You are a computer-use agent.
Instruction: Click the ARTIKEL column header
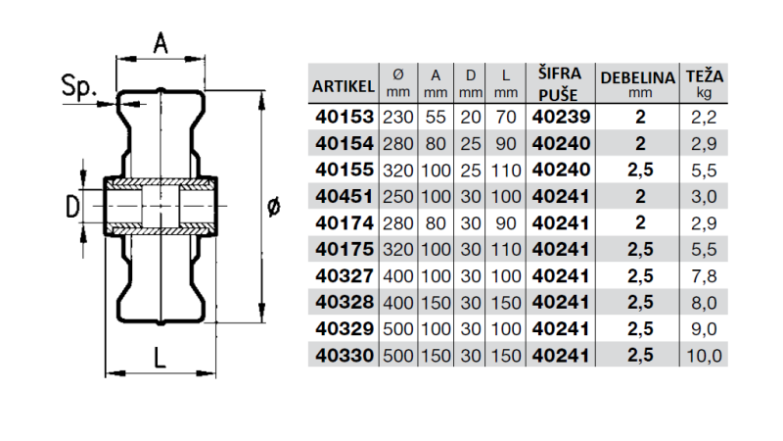(344, 86)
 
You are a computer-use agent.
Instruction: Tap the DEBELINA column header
(639, 82)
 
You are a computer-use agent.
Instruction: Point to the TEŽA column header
(705, 82)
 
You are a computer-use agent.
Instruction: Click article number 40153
(344, 117)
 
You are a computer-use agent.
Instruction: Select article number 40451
(344, 196)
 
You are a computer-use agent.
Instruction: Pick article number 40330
(344, 356)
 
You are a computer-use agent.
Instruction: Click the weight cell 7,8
(705, 276)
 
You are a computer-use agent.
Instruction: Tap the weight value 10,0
(705, 356)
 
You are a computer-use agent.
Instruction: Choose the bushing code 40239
(561, 117)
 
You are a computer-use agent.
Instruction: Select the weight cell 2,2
(705, 117)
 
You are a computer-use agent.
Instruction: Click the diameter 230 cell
(398, 117)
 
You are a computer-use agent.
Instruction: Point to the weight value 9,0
(705, 329)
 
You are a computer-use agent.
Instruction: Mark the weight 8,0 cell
(705, 303)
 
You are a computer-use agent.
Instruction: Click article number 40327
(344, 276)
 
